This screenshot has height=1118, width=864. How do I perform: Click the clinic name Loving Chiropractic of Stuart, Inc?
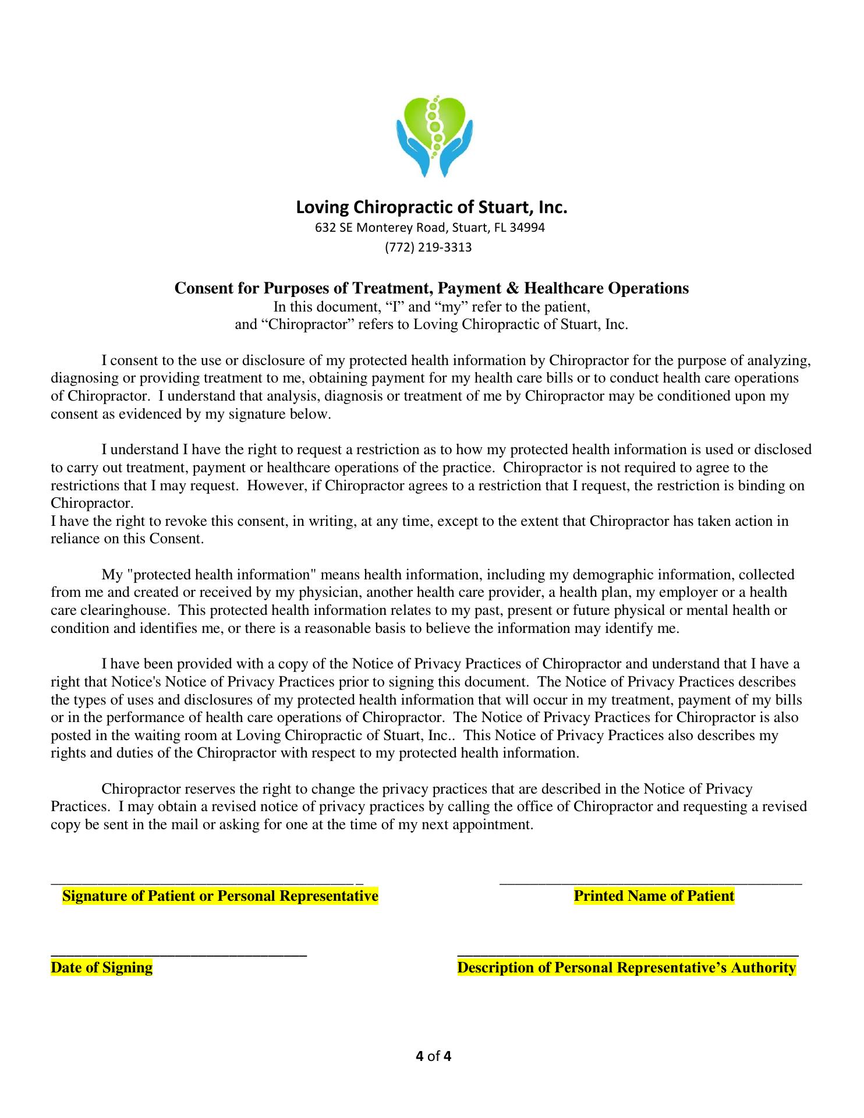coord(431,207)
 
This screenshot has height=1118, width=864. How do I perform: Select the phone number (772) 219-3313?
coord(428,247)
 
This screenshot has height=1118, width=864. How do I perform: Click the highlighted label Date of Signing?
coord(102,967)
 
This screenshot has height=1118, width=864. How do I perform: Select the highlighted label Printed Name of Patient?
coord(654,896)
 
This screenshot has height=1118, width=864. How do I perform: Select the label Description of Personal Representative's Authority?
coord(626,967)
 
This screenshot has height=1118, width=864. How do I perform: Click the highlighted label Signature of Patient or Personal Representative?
coord(220,896)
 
